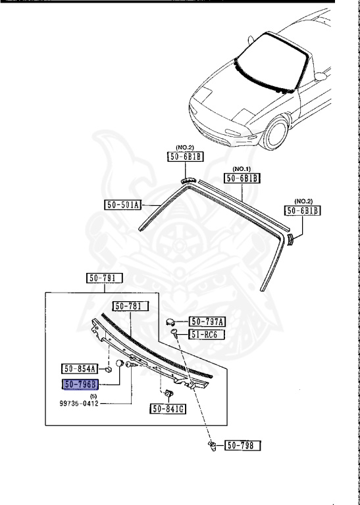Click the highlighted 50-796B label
(x=80, y=385)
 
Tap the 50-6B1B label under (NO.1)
(x=243, y=178)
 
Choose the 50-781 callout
(x=130, y=306)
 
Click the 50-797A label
(x=207, y=322)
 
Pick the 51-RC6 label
(x=207, y=335)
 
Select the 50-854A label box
(x=80, y=369)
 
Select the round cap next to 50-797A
(x=172, y=322)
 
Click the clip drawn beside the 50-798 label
(x=212, y=447)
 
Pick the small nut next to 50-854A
(x=109, y=370)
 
